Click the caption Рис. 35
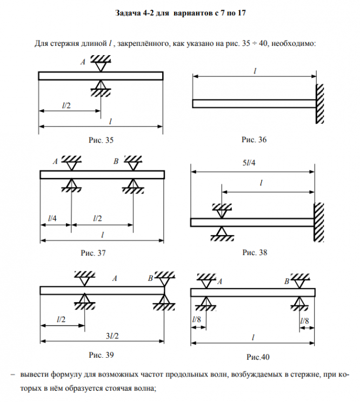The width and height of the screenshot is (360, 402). point(101,140)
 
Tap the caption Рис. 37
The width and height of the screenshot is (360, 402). point(92,252)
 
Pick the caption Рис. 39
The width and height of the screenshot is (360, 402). point(101,355)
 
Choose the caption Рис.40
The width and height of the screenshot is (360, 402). point(257,357)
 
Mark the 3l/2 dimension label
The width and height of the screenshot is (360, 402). point(112,336)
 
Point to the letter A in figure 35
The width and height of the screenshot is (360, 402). point(83,63)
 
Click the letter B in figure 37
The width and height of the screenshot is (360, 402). point(116,161)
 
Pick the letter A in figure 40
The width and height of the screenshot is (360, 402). point(219,282)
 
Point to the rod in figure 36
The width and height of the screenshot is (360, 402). point(254,104)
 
